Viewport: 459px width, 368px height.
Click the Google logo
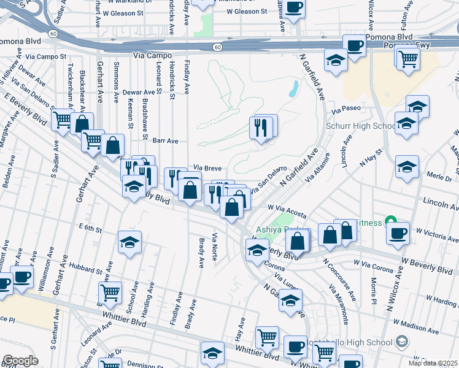click(20, 361)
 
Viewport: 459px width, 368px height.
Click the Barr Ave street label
click(165, 140)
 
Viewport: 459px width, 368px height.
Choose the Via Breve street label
click(207, 167)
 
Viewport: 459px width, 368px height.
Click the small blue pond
click(293, 90)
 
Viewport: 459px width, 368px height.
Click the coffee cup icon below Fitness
click(398, 233)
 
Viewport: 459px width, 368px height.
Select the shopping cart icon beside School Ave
click(110, 293)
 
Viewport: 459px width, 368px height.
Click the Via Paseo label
click(344, 112)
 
